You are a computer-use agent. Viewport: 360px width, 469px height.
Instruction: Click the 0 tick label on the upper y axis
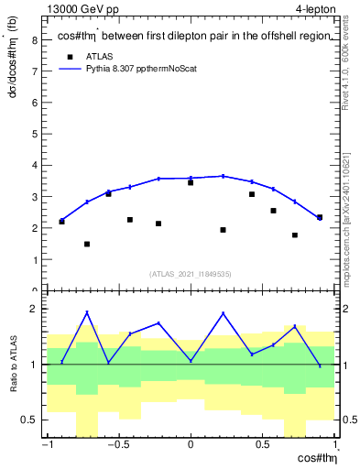pyautogui.click(x=34, y=291)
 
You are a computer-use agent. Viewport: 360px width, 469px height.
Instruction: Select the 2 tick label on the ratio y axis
pyautogui.click(x=34, y=309)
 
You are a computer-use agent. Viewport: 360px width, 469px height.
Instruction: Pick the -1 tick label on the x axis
pyautogui.click(x=45, y=446)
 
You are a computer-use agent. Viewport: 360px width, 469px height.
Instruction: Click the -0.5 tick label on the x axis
pyautogui.click(x=116, y=446)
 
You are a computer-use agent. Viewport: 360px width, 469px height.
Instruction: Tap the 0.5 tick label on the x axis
pyautogui.click(x=263, y=446)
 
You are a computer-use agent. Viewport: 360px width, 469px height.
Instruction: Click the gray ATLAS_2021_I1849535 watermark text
pyautogui.click(x=191, y=273)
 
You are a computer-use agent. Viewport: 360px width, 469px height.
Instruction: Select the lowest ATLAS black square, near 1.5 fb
pyautogui.click(x=87, y=244)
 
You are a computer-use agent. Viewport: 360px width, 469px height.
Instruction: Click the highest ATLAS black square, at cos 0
pyautogui.click(x=191, y=182)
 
